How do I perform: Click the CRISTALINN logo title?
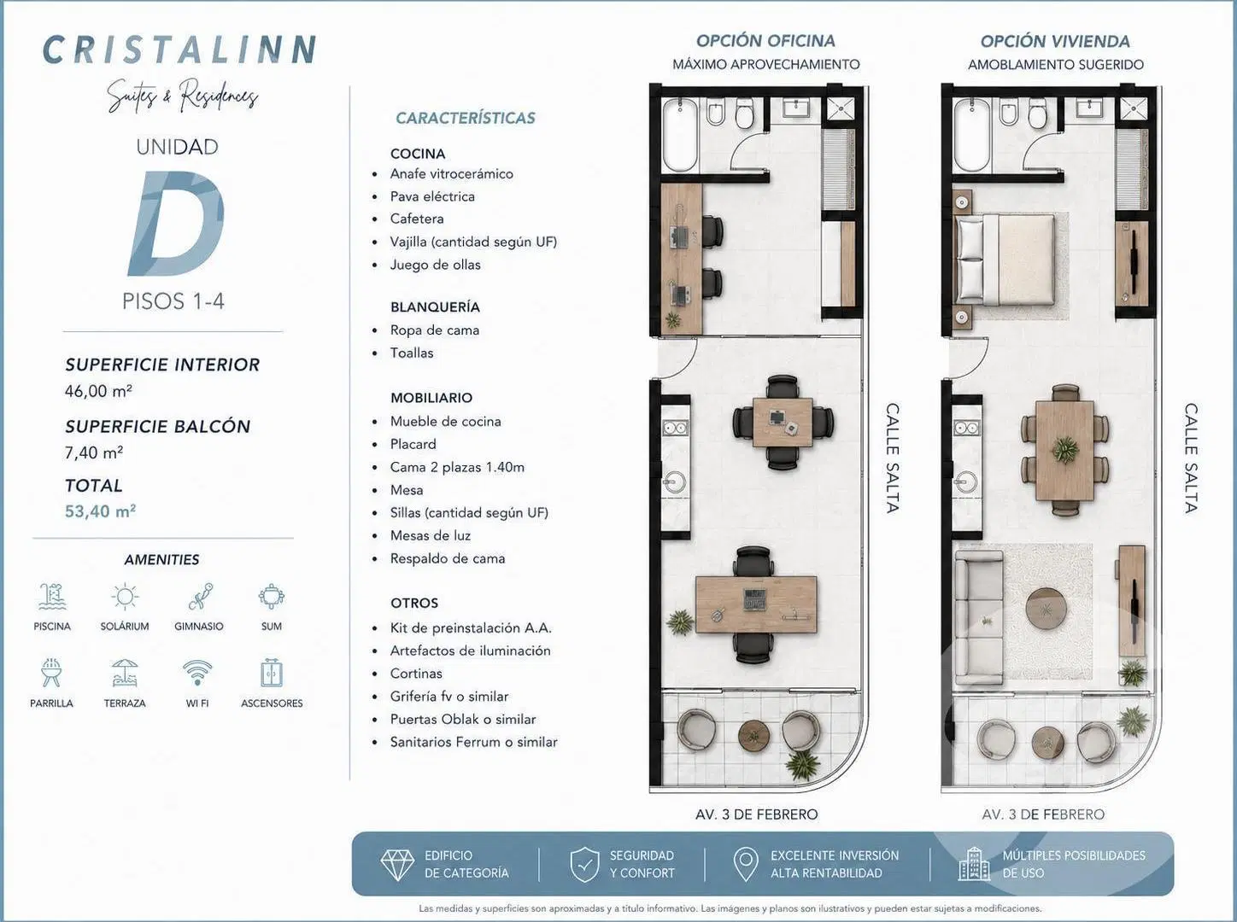[x=179, y=50]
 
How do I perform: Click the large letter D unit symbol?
[x=176, y=224]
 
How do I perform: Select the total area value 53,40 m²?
[x=100, y=511]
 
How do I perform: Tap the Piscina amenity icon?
[x=52, y=597]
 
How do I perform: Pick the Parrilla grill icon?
[x=51, y=673]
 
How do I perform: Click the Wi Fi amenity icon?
[x=197, y=673]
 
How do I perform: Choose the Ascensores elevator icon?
[x=272, y=673]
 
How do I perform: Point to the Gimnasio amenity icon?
[x=200, y=597]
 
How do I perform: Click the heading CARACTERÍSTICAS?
[x=466, y=119]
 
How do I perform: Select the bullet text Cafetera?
[x=417, y=219]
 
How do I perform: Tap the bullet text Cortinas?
[x=416, y=674]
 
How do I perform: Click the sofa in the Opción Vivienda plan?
[x=978, y=617]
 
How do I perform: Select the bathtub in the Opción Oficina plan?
[x=680, y=135]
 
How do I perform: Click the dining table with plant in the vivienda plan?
[x=1064, y=450]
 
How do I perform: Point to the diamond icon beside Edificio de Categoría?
[x=397, y=865]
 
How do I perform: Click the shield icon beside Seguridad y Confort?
[x=584, y=864]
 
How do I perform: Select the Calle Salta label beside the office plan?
[x=892, y=458]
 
